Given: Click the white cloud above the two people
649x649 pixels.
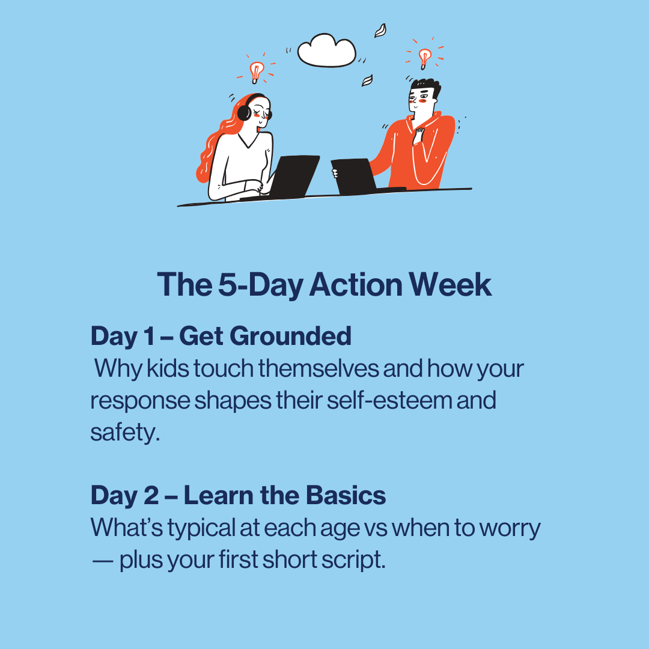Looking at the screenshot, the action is [x=326, y=50].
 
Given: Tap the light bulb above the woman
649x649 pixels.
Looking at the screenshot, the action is [x=257, y=72].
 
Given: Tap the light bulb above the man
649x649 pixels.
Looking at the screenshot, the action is [x=425, y=58].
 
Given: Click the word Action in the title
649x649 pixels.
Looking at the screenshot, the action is [x=356, y=285].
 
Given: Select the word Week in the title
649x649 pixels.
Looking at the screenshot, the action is [x=450, y=285].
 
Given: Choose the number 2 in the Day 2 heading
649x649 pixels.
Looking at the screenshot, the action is [x=151, y=495].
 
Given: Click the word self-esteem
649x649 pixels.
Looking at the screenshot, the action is [x=389, y=400].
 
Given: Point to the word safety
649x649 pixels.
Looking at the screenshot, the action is [x=125, y=433].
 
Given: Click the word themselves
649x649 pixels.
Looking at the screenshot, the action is [x=318, y=368].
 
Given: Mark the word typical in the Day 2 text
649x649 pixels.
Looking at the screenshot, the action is [x=201, y=529].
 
